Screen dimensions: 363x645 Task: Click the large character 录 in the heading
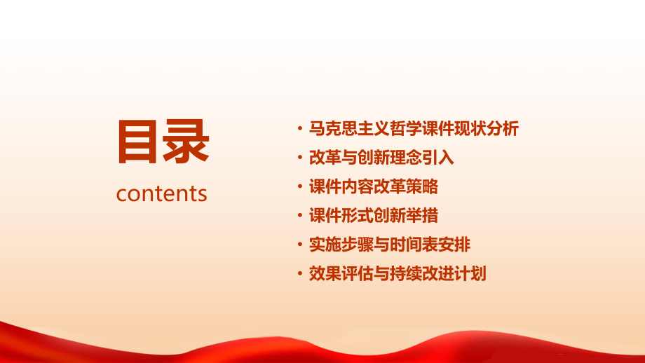[186, 142]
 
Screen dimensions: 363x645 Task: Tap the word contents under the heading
[162, 193]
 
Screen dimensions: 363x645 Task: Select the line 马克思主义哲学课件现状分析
[414, 129]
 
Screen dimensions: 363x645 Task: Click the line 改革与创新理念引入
[381, 158]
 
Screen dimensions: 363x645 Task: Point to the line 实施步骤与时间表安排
[390, 245]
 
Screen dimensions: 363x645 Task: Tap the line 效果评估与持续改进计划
[398, 273]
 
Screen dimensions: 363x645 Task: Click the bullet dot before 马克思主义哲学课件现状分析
[300, 130]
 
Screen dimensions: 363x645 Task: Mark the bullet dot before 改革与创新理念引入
[300, 158]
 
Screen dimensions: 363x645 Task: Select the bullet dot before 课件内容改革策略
[300, 188]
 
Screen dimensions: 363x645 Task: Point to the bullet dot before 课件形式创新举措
[300, 217]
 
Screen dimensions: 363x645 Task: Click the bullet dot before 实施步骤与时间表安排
[300, 245]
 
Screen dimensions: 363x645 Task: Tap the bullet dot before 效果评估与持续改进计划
[300, 274]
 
